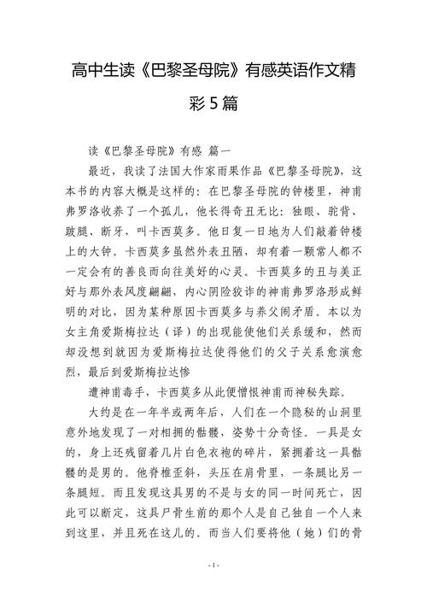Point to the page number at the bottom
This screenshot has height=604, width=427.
[213, 590]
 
